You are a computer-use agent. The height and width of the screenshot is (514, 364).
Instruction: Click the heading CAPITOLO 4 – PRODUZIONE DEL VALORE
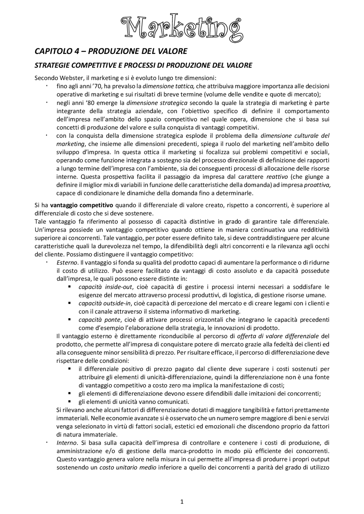tap(111, 51)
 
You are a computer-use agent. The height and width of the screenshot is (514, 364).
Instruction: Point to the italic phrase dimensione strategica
tap(157, 103)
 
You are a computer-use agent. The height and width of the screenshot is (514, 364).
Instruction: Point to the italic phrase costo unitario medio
tap(128, 467)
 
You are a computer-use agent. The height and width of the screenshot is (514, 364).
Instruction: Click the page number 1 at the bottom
tap(182, 502)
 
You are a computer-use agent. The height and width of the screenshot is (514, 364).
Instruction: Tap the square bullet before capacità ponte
tap(69, 320)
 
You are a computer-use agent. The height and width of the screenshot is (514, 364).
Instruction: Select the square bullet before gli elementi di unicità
tap(69, 402)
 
